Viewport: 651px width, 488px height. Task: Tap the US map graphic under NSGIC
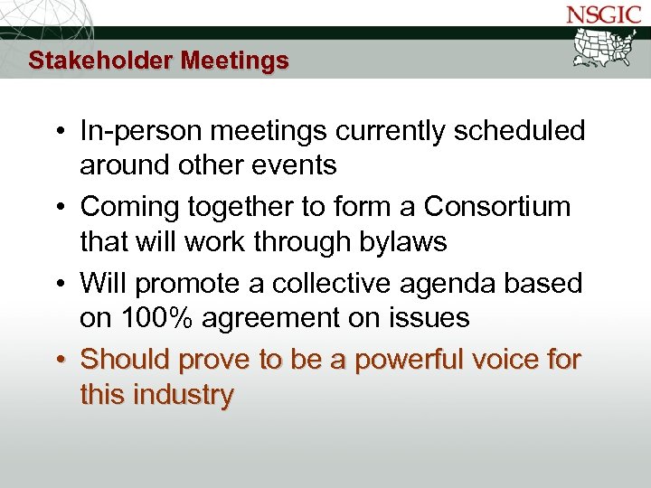[607, 47]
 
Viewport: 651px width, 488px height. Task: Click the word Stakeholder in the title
[100, 61]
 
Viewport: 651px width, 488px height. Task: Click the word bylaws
[404, 241]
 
